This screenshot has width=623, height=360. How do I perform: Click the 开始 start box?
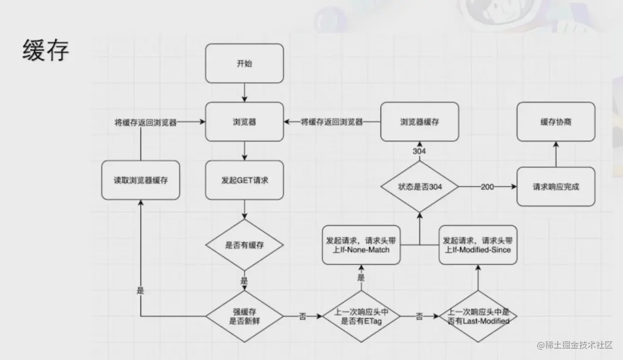[244, 63]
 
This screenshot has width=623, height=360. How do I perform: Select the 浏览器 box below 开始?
[244, 122]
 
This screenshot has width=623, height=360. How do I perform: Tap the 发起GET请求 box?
[244, 180]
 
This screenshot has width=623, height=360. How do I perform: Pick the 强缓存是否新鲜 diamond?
[244, 316]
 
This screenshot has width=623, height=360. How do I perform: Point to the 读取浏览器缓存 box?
[141, 180]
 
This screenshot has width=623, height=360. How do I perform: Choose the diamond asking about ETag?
[361, 316]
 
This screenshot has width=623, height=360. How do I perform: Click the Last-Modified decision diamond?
[478, 316]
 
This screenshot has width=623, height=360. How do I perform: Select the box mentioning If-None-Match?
[361, 245]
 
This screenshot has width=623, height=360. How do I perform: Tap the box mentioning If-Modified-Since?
[478, 245]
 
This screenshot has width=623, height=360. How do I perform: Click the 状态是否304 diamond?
[419, 187]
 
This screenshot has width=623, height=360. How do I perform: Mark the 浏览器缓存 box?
[419, 122]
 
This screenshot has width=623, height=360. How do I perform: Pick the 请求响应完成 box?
[556, 187]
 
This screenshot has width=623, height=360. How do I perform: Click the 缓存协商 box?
[556, 122]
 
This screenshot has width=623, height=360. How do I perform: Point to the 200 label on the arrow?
[487, 187]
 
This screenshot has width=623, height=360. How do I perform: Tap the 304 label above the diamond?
[419, 151]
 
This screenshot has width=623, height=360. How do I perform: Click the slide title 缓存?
[45, 51]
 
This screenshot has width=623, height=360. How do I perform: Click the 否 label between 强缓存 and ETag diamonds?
[302, 316]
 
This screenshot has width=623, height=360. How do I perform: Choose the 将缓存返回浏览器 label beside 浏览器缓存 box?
[332, 122]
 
